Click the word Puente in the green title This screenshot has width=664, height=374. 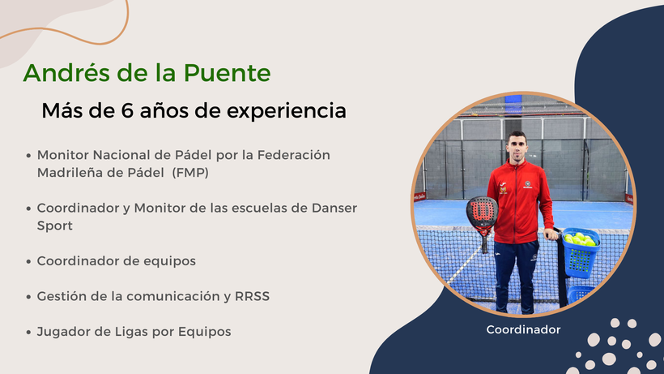click(227, 72)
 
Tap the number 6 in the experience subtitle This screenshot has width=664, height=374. click(127, 110)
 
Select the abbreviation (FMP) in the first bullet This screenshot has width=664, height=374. click(190, 173)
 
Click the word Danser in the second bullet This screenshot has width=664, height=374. click(334, 208)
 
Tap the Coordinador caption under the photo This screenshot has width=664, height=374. click(523, 329)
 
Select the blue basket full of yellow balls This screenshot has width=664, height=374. click(580, 253)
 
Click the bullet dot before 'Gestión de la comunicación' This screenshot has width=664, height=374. click(28, 296)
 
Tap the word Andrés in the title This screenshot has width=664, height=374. click(66, 72)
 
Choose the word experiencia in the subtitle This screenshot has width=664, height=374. click(287, 111)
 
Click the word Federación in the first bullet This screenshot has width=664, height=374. click(293, 155)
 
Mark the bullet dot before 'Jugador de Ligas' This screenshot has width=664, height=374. click(28, 332)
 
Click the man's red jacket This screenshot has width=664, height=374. click(520, 200)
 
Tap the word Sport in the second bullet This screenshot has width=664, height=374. click(54, 226)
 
